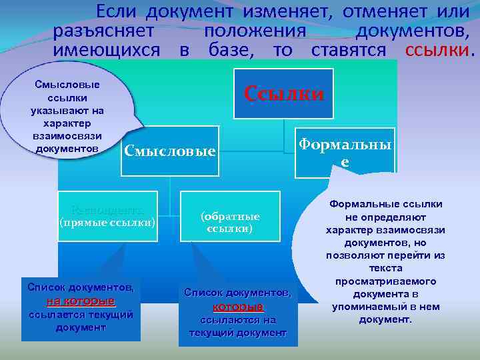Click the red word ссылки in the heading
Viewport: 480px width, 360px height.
[437, 51]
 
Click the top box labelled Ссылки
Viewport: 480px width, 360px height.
[283, 93]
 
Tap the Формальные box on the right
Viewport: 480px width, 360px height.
[345, 153]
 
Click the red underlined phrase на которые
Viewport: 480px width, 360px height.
[81, 301]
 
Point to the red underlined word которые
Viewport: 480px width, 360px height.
[238, 307]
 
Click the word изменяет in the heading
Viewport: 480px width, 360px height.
[290, 11]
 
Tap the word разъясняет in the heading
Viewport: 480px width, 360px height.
[105, 31]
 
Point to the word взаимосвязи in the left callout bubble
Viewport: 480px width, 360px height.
[65, 135]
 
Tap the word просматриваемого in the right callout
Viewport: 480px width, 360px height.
[381, 281]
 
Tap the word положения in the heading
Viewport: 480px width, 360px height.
[255, 31]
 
